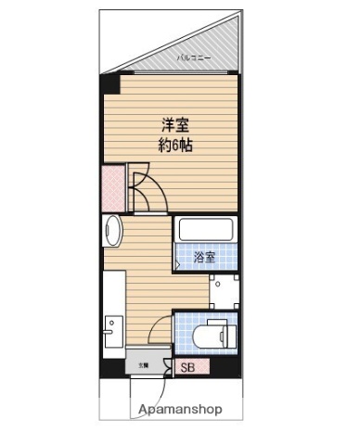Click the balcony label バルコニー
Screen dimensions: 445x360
point(194,58)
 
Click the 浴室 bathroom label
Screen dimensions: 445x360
point(204,258)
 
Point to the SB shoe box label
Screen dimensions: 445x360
point(188,367)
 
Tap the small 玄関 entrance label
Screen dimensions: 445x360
point(143,365)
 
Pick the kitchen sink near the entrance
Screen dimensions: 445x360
point(111,330)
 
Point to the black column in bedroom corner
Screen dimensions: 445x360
point(110,86)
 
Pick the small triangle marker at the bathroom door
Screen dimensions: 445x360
point(177,264)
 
